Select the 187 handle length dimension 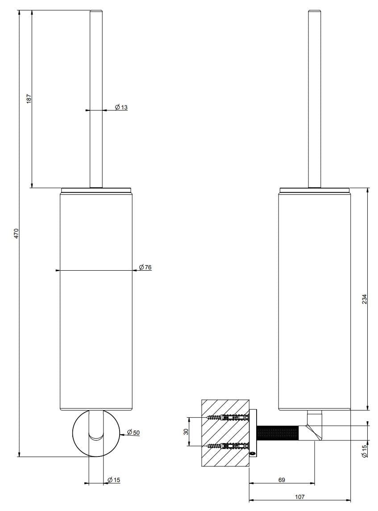(29, 98)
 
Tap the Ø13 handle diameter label (121, 107)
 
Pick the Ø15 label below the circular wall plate (114, 480)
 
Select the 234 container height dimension (364, 298)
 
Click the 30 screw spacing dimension (186, 431)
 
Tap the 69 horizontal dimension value (282, 480)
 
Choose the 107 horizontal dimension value (299, 496)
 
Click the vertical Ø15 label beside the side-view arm (364, 450)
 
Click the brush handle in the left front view (96, 98)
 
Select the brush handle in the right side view (315, 98)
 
